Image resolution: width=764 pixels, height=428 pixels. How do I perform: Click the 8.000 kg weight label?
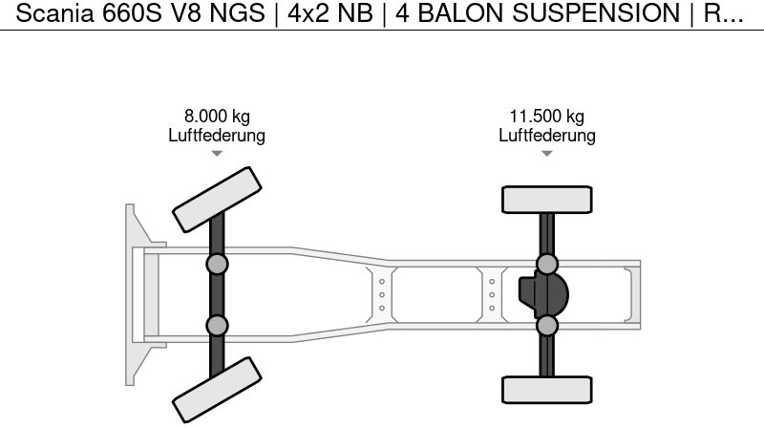(217, 117)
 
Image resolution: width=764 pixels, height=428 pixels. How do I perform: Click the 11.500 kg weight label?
(546, 117)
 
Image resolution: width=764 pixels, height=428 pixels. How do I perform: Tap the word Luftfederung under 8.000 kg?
(217, 136)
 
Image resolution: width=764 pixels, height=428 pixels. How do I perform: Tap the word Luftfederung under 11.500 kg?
(546, 136)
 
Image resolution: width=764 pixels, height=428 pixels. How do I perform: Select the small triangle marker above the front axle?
(217, 154)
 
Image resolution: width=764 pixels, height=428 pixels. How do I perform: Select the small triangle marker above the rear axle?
(546, 154)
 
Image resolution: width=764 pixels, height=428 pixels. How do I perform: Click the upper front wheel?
(217, 199)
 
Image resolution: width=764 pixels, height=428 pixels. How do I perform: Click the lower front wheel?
(217, 389)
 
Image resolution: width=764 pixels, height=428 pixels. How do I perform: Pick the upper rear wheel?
(546, 200)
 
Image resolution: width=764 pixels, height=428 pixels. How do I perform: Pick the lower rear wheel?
(546, 389)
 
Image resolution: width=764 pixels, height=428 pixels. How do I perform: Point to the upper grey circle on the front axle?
(217, 264)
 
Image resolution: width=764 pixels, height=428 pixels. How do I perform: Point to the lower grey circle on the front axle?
(217, 325)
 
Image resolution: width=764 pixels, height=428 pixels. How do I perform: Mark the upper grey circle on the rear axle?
(546, 264)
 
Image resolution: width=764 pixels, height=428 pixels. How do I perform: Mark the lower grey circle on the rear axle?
(546, 326)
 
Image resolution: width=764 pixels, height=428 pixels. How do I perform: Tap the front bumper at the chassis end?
(133, 294)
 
